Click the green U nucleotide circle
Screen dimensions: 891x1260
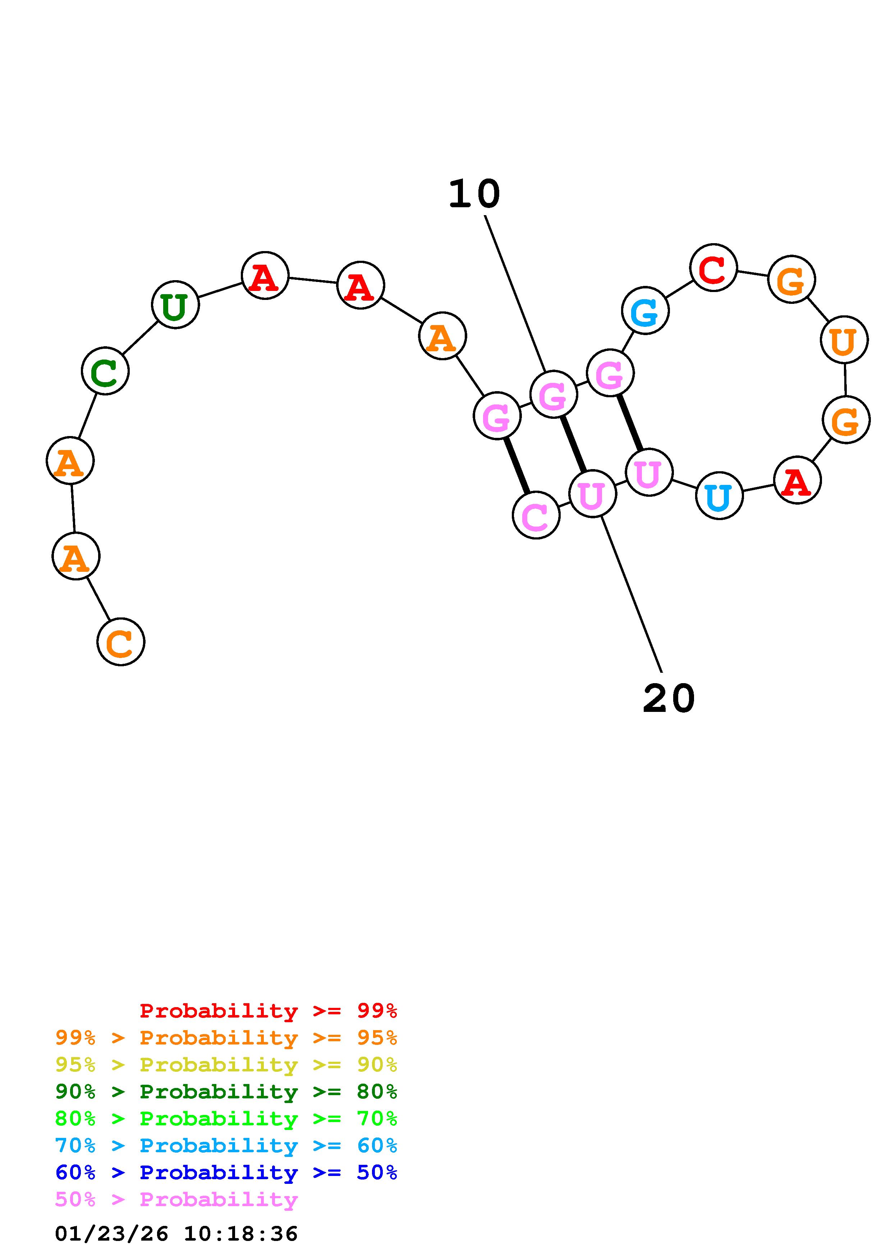coord(175,305)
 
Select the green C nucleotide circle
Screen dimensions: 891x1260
coord(105,371)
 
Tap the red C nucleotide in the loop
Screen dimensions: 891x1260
coord(713,268)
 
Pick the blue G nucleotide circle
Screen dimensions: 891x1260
coord(645,311)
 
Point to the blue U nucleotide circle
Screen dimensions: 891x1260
coord(718,496)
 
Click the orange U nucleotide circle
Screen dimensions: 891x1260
coord(844,340)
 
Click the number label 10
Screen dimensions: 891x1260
coord(474,194)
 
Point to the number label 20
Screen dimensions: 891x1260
coord(669,699)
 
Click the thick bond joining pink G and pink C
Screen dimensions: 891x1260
coord(516,465)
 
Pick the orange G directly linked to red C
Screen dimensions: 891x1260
coord(791,279)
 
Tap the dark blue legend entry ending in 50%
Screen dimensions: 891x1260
coord(226,1172)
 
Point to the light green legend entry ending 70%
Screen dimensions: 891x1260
coord(226,1118)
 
